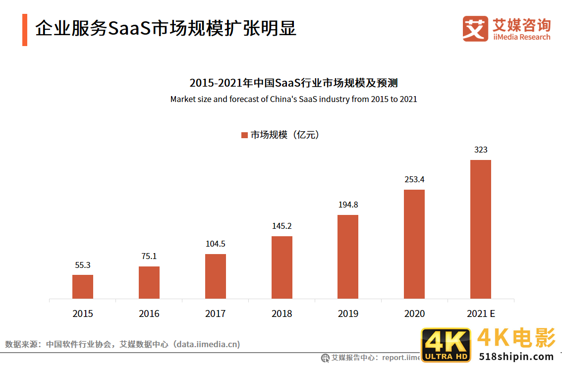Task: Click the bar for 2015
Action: click(x=83, y=287)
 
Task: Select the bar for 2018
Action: click(x=282, y=267)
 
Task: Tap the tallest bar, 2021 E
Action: click(x=480, y=229)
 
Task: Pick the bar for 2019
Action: click(x=348, y=257)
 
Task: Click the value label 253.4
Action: click(x=414, y=179)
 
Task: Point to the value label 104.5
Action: click(x=216, y=244)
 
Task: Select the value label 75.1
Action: click(x=149, y=256)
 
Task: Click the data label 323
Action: click(x=481, y=150)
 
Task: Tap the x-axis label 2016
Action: click(x=149, y=313)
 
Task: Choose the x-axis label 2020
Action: click(x=414, y=313)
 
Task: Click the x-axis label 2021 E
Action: click(x=481, y=313)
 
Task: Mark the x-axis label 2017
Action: click(x=216, y=313)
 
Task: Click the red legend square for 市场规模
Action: click(x=244, y=135)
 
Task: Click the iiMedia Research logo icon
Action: click(x=475, y=28)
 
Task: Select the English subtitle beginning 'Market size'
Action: click(x=293, y=99)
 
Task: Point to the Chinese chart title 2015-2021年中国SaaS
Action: click(x=293, y=83)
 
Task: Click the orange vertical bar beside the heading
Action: click(x=25, y=30)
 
